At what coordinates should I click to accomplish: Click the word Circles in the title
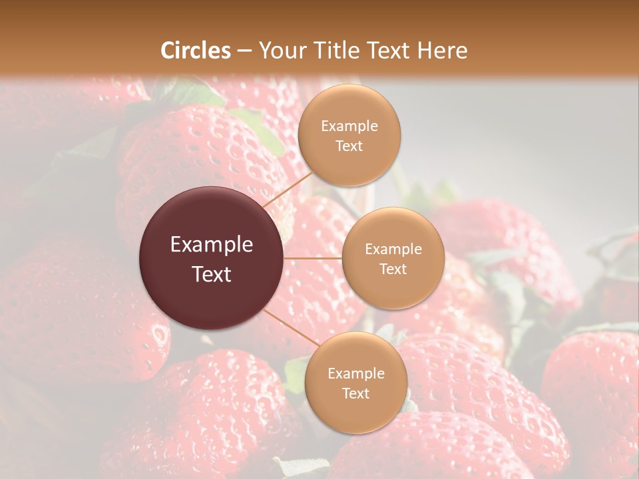[x=195, y=51]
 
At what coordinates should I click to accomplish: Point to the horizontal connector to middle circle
[x=313, y=258]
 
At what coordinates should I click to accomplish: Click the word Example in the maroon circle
[x=212, y=245]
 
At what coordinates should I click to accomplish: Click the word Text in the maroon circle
[x=212, y=274]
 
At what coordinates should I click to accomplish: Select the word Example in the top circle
[x=349, y=126]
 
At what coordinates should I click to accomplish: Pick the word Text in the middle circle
[x=393, y=269]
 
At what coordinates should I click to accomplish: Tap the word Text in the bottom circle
[x=355, y=394]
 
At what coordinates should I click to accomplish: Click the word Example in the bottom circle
[x=355, y=374]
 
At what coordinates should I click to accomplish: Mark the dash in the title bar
[x=244, y=51]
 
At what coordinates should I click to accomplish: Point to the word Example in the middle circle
[x=393, y=249]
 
